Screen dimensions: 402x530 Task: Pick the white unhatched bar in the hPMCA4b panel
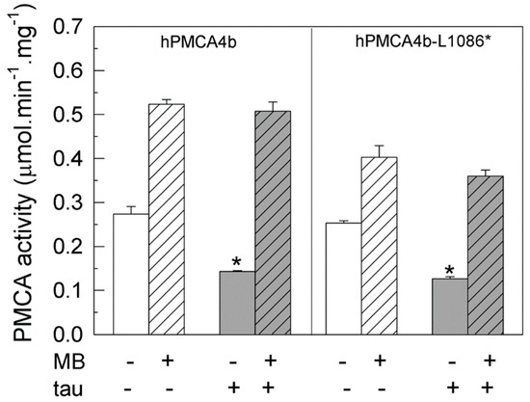click(x=131, y=274)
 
